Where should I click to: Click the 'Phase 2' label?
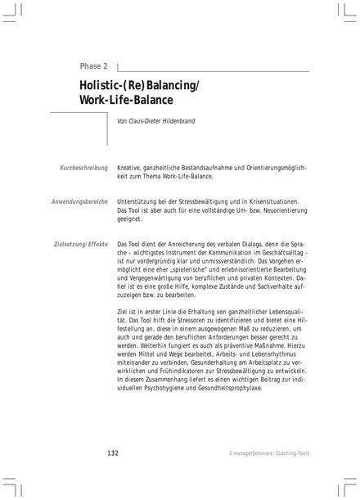(x=95, y=66)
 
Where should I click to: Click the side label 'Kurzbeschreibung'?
(x=84, y=167)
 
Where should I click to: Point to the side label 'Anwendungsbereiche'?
(x=79, y=201)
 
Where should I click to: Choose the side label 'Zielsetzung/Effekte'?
(x=80, y=244)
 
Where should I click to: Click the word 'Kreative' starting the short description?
(x=133, y=167)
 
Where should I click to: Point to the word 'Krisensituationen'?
(x=269, y=201)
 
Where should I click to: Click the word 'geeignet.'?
(x=130, y=219)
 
